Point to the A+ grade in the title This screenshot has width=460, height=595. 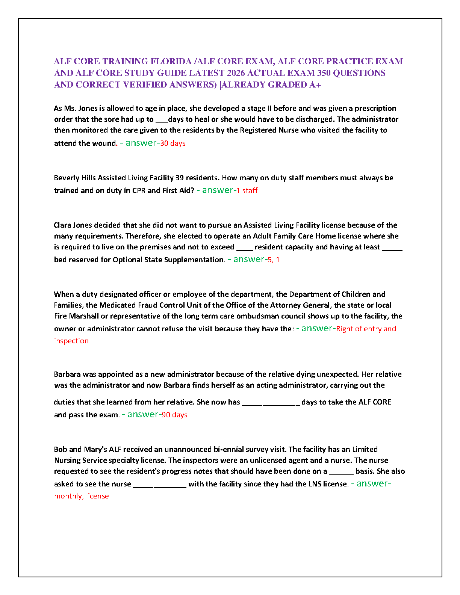315,85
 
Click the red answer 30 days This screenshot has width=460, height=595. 173,143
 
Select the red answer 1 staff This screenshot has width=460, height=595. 247,190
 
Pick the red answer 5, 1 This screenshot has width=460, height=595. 274,260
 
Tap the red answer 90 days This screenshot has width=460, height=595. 174,415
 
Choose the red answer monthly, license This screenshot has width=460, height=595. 82,496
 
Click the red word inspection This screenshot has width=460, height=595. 71,341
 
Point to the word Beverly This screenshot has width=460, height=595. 67,178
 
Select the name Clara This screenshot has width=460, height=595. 62,225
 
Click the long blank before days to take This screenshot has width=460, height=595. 271,402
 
